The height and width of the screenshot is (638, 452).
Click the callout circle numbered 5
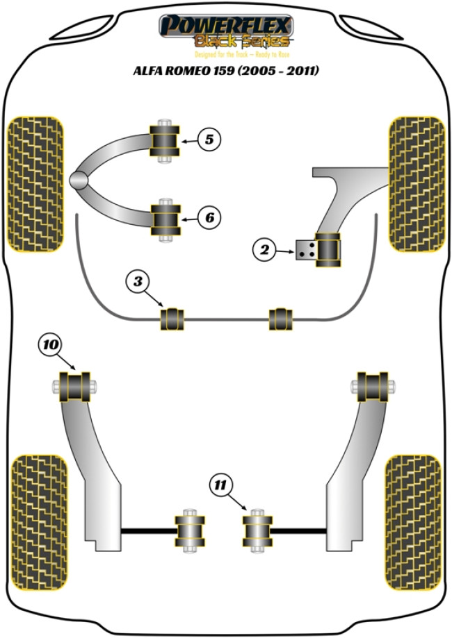point(209,140)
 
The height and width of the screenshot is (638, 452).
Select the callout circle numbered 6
point(209,218)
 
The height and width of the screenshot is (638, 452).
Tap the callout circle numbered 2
point(265,249)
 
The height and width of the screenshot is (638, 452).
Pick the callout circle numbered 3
point(138,282)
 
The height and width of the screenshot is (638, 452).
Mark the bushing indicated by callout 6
point(166,218)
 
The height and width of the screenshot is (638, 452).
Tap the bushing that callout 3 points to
point(172,319)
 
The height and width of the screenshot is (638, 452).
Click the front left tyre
point(35,183)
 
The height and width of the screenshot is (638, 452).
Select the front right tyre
point(416,183)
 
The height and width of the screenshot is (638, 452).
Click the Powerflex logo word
point(226,26)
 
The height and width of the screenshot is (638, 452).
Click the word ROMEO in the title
point(196,72)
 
